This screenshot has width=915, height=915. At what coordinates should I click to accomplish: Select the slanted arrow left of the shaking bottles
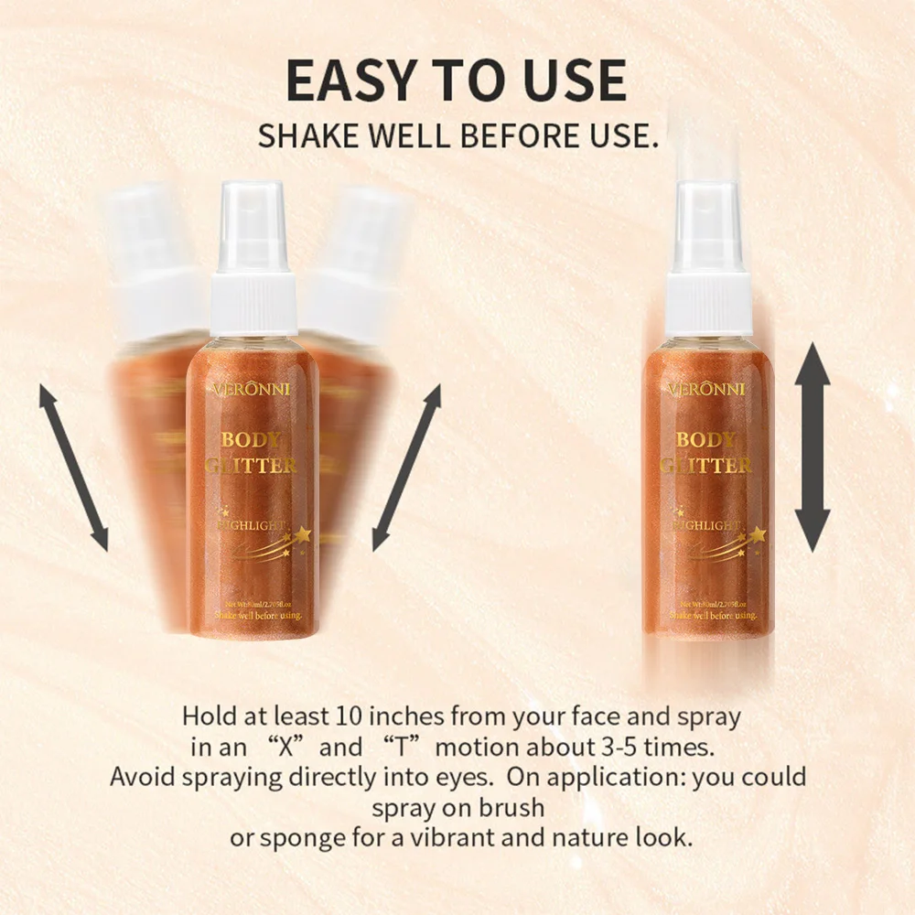coord(73,468)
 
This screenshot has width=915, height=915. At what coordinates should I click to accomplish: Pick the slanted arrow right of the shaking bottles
coord(406,468)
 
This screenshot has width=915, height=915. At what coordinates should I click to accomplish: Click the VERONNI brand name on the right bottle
coord(708,389)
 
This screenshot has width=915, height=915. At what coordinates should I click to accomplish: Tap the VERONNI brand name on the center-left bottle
coord(251,389)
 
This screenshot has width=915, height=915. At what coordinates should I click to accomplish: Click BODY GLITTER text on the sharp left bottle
coord(251,452)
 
